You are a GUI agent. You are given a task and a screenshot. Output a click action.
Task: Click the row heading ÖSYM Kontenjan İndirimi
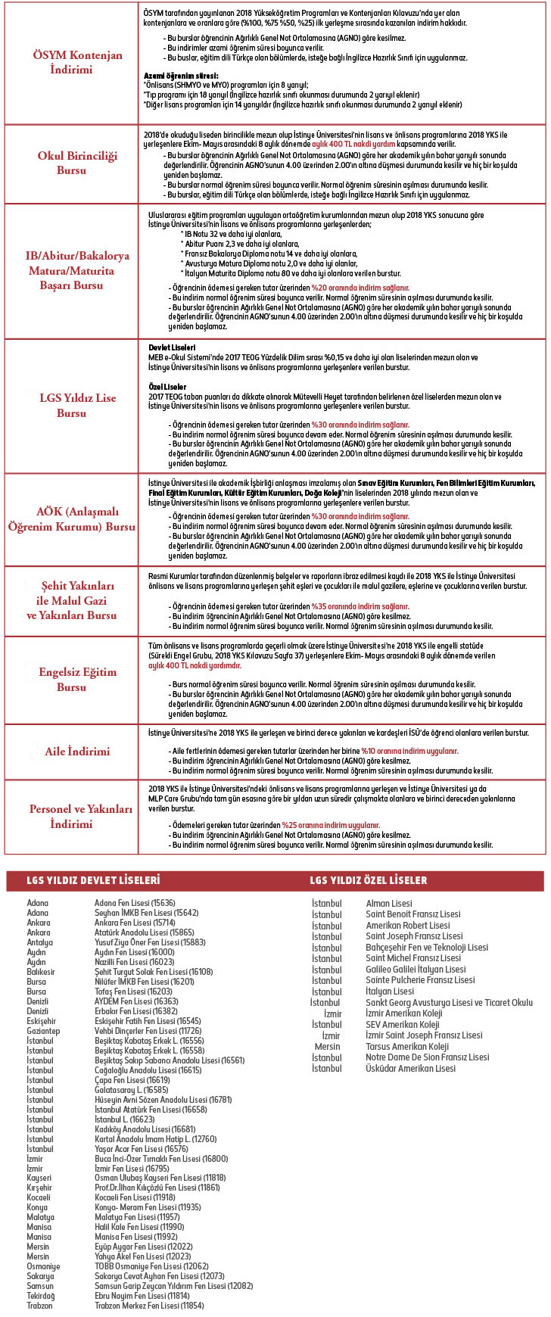pyautogui.click(x=71, y=62)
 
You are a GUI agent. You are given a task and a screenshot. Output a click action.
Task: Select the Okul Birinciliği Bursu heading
pyautogui.click(x=71, y=163)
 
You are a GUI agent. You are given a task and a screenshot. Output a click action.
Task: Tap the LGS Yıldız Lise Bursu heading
pyautogui.click(x=71, y=405)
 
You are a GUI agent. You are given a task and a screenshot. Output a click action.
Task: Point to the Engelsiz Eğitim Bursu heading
pyautogui.click(x=71, y=679)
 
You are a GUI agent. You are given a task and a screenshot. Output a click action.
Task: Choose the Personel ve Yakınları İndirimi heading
pyautogui.click(x=71, y=816)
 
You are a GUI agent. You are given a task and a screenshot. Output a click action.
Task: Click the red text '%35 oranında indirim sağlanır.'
pyautogui.click(x=360, y=606)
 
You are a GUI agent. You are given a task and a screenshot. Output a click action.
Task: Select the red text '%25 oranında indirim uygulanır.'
pyautogui.click(x=331, y=825)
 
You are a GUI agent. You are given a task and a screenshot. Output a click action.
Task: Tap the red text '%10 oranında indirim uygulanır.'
pyautogui.click(x=409, y=751)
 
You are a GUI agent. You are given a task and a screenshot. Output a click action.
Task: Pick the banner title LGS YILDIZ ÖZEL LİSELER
pyautogui.click(x=369, y=880)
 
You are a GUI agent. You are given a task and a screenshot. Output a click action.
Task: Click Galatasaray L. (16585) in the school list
pyautogui.click(x=131, y=1090)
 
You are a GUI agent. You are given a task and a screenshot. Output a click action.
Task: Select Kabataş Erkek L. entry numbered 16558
pyautogui.click(x=149, y=1051)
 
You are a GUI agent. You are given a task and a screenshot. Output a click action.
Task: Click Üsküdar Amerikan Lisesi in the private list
pyautogui.click(x=410, y=1068)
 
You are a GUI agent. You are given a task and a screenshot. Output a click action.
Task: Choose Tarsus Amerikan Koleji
pyautogui.click(x=407, y=1046)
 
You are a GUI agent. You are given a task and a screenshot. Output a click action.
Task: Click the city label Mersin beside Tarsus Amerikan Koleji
pyautogui.click(x=327, y=1046)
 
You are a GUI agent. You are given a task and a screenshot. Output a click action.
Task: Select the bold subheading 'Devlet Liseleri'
pyautogui.click(x=172, y=347)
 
